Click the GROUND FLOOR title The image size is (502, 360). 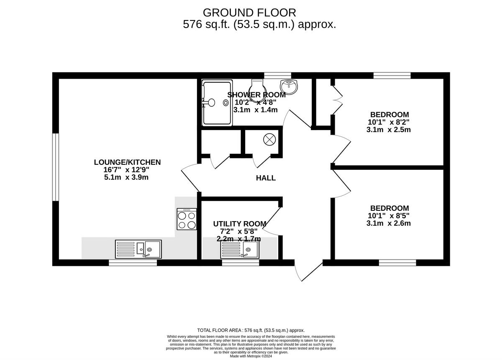tap(249, 13)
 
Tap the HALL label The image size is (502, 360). tap(266, 178)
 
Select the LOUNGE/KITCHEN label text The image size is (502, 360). tap(127, 162)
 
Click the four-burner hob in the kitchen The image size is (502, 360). tap(187, 219)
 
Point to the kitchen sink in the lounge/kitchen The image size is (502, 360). tap(138, 249)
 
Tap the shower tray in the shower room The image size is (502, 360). tap(216, 103)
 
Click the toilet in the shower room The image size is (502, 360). tap(257, 87)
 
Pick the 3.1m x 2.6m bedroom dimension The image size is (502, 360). tap(389, 223)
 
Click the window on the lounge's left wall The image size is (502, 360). tap(55, 167)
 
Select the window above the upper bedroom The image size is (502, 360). tap(392, 75)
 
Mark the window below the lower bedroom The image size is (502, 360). tap(397, 263)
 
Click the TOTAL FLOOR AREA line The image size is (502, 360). tap(251, 330)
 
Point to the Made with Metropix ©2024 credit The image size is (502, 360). tap(251, 356)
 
